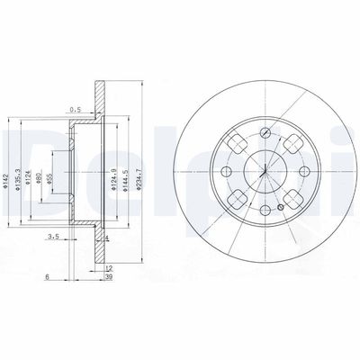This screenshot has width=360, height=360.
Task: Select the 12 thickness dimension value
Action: [x=108, y=269]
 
